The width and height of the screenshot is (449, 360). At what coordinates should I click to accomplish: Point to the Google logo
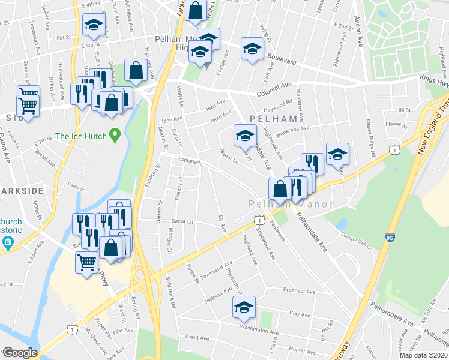[x=20, y=352]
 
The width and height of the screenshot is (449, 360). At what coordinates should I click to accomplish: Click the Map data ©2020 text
[x=423, y=355]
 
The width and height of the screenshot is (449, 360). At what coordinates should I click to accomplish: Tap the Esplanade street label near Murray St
[x=189, y=161]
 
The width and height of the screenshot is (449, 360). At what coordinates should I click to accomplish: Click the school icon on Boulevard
[x=252, y=50]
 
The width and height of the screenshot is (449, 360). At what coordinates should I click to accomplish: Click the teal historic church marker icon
[x=8, y=242]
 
